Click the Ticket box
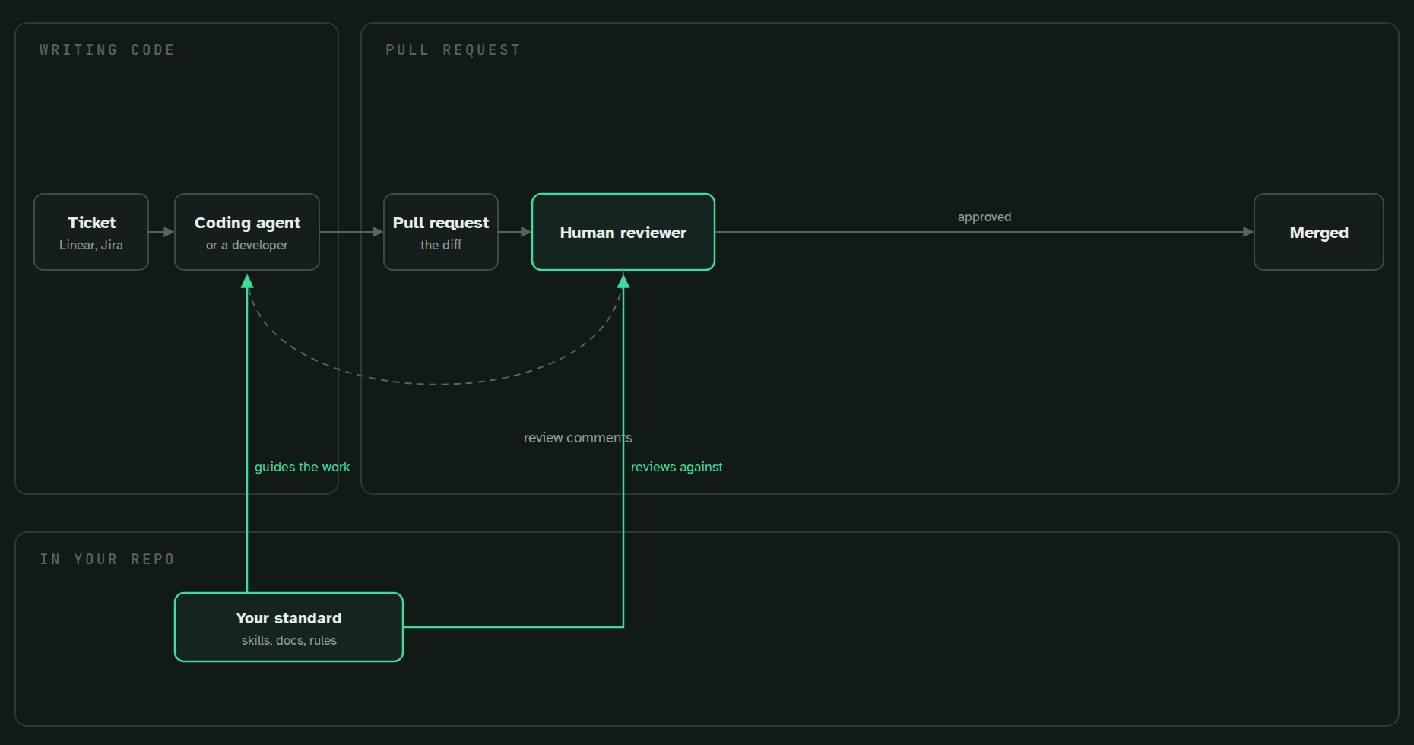pos(91,232)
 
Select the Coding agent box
pos(247,232)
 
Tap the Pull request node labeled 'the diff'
pos(441,232)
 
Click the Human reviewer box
pos(623,232)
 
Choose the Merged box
pos(1319,232)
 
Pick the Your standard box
pos(289,627)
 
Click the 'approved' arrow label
pos(984,217)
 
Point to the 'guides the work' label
pos(303,467)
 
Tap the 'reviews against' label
pos(677,467)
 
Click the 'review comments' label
pos(578,438)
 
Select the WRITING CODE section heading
pos(107,50)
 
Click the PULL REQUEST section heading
pos(453,50)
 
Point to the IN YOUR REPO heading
pos(107,560)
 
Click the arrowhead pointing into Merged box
pos(1248,232)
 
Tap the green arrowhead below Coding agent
pos(247,282)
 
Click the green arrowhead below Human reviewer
pos(623,282)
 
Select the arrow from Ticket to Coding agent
pos(161,232)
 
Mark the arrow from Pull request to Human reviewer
pos(515,232)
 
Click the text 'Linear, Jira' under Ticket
pos(91,245)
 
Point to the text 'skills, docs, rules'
pos(289,640)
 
